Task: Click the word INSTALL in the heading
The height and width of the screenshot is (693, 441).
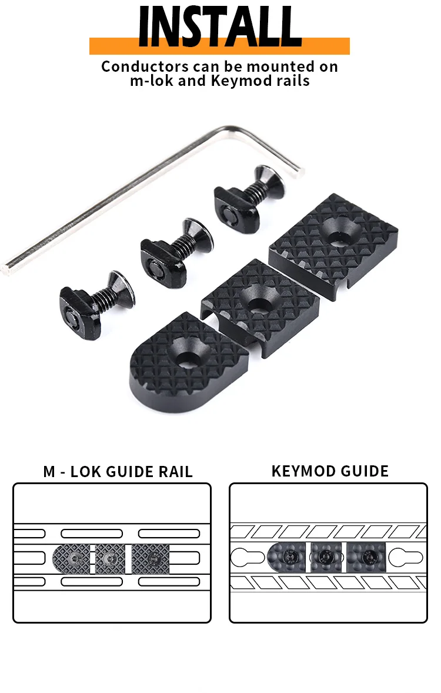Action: pyautogui.click(x=219, y=26)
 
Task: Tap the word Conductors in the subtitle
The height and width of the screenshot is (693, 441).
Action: pyautogui.click(x=145, y=66)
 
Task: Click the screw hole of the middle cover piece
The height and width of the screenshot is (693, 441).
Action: pyautogui.click(x=260, y=304)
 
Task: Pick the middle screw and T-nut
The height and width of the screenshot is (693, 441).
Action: pyautogui.click(x=176, y=252)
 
